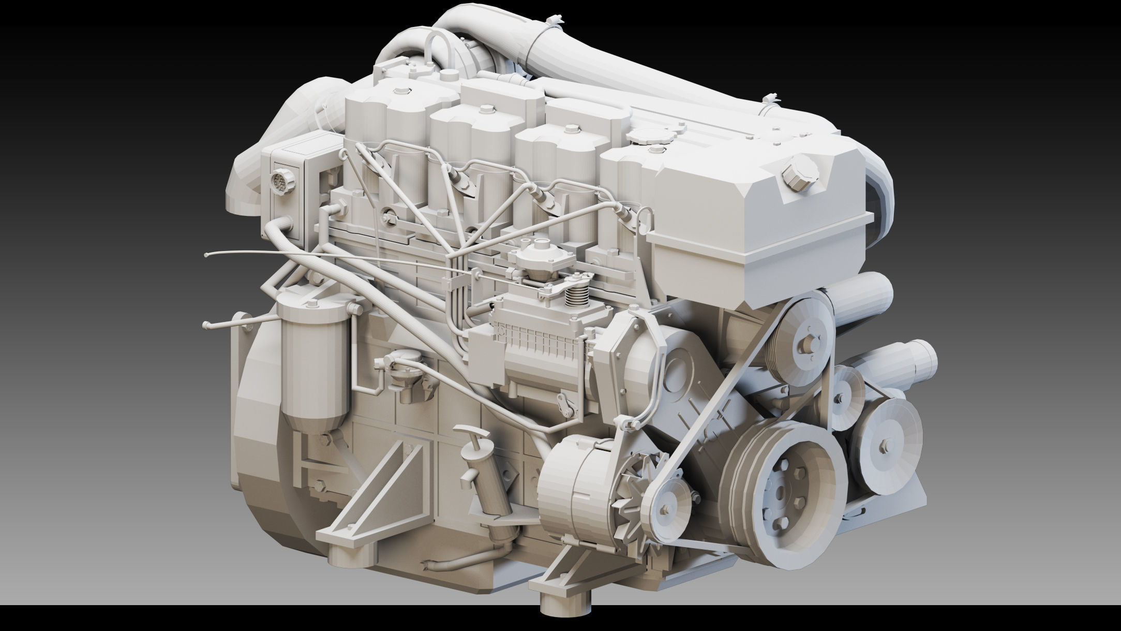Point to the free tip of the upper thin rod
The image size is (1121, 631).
coord(207,255)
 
